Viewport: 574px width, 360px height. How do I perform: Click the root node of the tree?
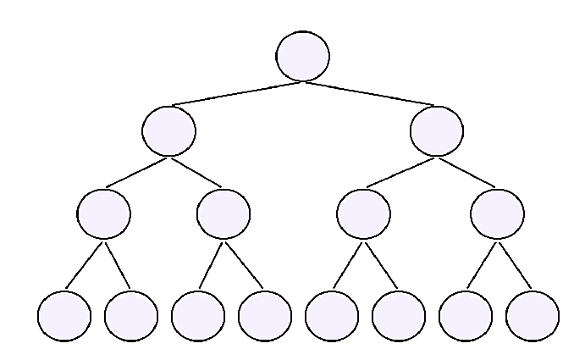[x=302, y=56]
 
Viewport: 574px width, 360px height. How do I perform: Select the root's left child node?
[x=169, y=130]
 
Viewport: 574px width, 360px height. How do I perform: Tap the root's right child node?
[x=436, y=130]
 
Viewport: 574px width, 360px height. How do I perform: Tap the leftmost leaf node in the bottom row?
[x=64, y=315]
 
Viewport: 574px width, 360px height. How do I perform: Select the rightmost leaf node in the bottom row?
[x=533, y=315]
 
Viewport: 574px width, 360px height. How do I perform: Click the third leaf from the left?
[x=197, y=315]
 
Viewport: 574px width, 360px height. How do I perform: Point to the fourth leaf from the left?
[x=265, y=315]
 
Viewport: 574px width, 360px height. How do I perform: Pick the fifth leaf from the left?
[x=332, y=315]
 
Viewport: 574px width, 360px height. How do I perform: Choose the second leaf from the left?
[x=131, y=315]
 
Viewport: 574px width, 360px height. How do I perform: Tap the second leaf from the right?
[x=466, y=315]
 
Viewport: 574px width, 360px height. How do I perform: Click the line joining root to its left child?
[x=236, y=93]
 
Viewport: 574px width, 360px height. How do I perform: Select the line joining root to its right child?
[x=369, y=93]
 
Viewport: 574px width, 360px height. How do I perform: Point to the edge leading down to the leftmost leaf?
[x=85, y=264]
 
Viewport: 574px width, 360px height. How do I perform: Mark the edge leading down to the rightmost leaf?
[x=515, y=264]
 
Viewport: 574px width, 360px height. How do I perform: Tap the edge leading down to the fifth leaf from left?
[x=348, y=264]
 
